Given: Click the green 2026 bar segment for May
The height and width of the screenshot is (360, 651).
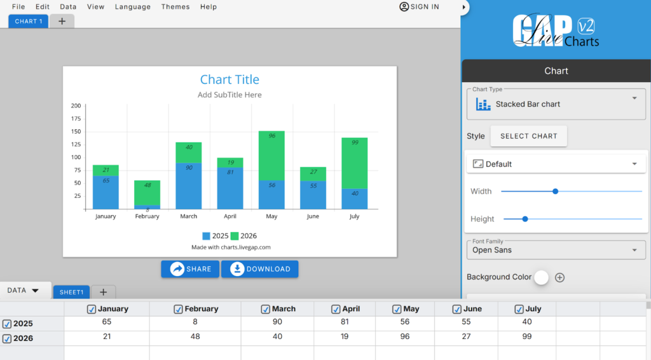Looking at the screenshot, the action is [271, 156].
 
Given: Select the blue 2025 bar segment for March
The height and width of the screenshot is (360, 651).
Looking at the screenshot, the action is [188, 186].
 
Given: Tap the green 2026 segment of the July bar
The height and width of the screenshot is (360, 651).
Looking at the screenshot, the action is [355, 163].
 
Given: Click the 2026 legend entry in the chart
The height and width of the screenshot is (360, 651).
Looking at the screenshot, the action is [243, 236].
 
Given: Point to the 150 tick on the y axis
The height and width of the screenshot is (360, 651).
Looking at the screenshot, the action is [76, 132].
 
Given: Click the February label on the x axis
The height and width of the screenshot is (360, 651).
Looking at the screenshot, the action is [147, 216].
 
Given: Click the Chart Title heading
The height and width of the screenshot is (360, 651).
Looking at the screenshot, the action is [230, 80].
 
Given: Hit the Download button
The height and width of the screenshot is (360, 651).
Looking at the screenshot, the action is [259, 269].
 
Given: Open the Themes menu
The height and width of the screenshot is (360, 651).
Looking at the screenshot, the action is [175, 6].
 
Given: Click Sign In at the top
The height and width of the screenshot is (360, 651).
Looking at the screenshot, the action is [420, 6].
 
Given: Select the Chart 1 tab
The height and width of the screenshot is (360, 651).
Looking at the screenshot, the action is [28, 21].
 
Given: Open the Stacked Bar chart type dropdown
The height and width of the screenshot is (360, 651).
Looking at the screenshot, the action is [556, 104].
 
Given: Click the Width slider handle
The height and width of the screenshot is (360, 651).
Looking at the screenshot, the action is [555, 191].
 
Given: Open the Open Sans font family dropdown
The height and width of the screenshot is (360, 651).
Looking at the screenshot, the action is [556, 250].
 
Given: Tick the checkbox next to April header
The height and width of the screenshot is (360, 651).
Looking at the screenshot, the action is [336, 309].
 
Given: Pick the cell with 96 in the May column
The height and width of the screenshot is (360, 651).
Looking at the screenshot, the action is [405, 336].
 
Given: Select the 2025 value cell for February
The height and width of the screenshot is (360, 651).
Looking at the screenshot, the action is [195, 322].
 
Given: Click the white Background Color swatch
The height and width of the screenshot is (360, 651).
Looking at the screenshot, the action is [542, 277].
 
